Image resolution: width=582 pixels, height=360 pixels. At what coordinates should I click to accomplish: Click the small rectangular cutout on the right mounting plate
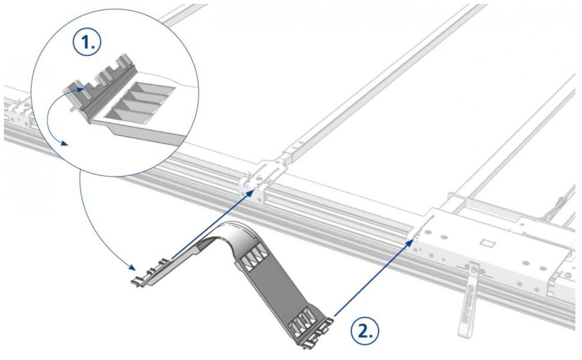tap(487, 241)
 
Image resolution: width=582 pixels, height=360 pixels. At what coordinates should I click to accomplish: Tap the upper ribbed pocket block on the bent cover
tap(254, 255)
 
